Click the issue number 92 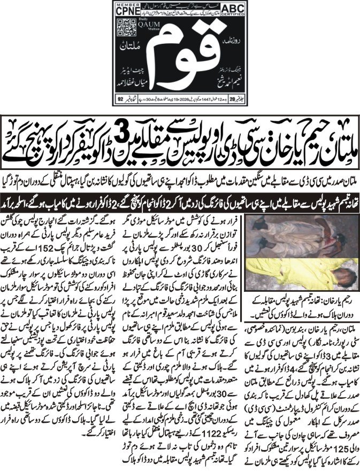(120, 98)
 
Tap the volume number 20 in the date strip (233, 98)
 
